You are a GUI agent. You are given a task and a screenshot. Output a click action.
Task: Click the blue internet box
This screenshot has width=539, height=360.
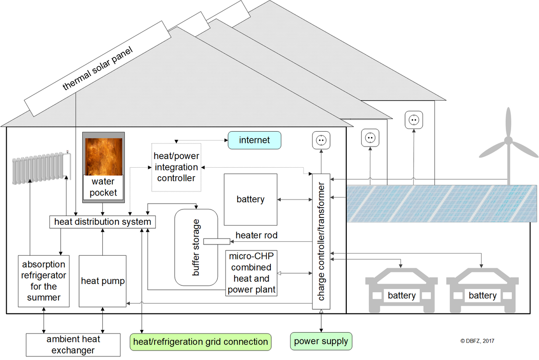[254, 140]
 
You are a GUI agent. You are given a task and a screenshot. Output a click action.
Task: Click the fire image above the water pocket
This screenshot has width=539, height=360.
[104, 156]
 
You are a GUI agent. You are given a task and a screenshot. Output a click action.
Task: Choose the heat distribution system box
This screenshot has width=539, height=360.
[103, 222]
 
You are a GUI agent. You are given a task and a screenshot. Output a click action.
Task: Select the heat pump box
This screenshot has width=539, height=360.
[103, 281]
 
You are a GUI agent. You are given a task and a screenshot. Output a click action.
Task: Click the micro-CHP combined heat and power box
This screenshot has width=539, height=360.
[252, 273]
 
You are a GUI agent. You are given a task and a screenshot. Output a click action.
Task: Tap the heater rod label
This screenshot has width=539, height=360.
[256, 235]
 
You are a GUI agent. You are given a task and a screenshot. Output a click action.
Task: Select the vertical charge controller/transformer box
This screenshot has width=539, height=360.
[321, 241]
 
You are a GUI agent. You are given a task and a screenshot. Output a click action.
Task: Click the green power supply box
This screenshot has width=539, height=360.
[321, 342]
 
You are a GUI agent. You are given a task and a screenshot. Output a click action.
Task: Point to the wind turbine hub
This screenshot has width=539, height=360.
[508, 141]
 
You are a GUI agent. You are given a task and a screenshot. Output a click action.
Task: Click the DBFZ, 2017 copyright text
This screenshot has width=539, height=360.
[477, 341]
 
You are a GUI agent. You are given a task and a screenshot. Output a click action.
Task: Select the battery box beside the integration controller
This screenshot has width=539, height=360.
[250, 200]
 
